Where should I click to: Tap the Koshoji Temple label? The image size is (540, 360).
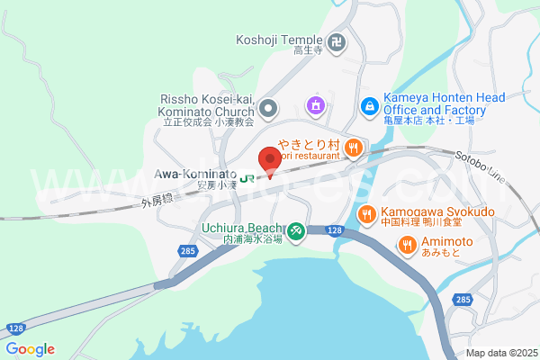(279, 40)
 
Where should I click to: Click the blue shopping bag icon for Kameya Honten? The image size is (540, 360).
(369, 106)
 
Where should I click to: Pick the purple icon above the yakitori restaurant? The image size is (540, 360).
(315, 106)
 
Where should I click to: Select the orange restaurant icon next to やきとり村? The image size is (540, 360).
(355, 147)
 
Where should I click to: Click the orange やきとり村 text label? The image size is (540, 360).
(308, 145)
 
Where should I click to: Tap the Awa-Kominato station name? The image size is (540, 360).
(195, 173)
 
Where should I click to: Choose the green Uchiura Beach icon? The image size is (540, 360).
(298, 231)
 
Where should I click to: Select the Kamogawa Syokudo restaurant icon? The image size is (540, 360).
(366, 213)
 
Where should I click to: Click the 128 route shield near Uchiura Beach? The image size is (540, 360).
(335, 231)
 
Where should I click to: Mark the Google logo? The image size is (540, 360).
(30, 349)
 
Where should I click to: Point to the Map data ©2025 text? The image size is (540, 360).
(499, 353)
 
